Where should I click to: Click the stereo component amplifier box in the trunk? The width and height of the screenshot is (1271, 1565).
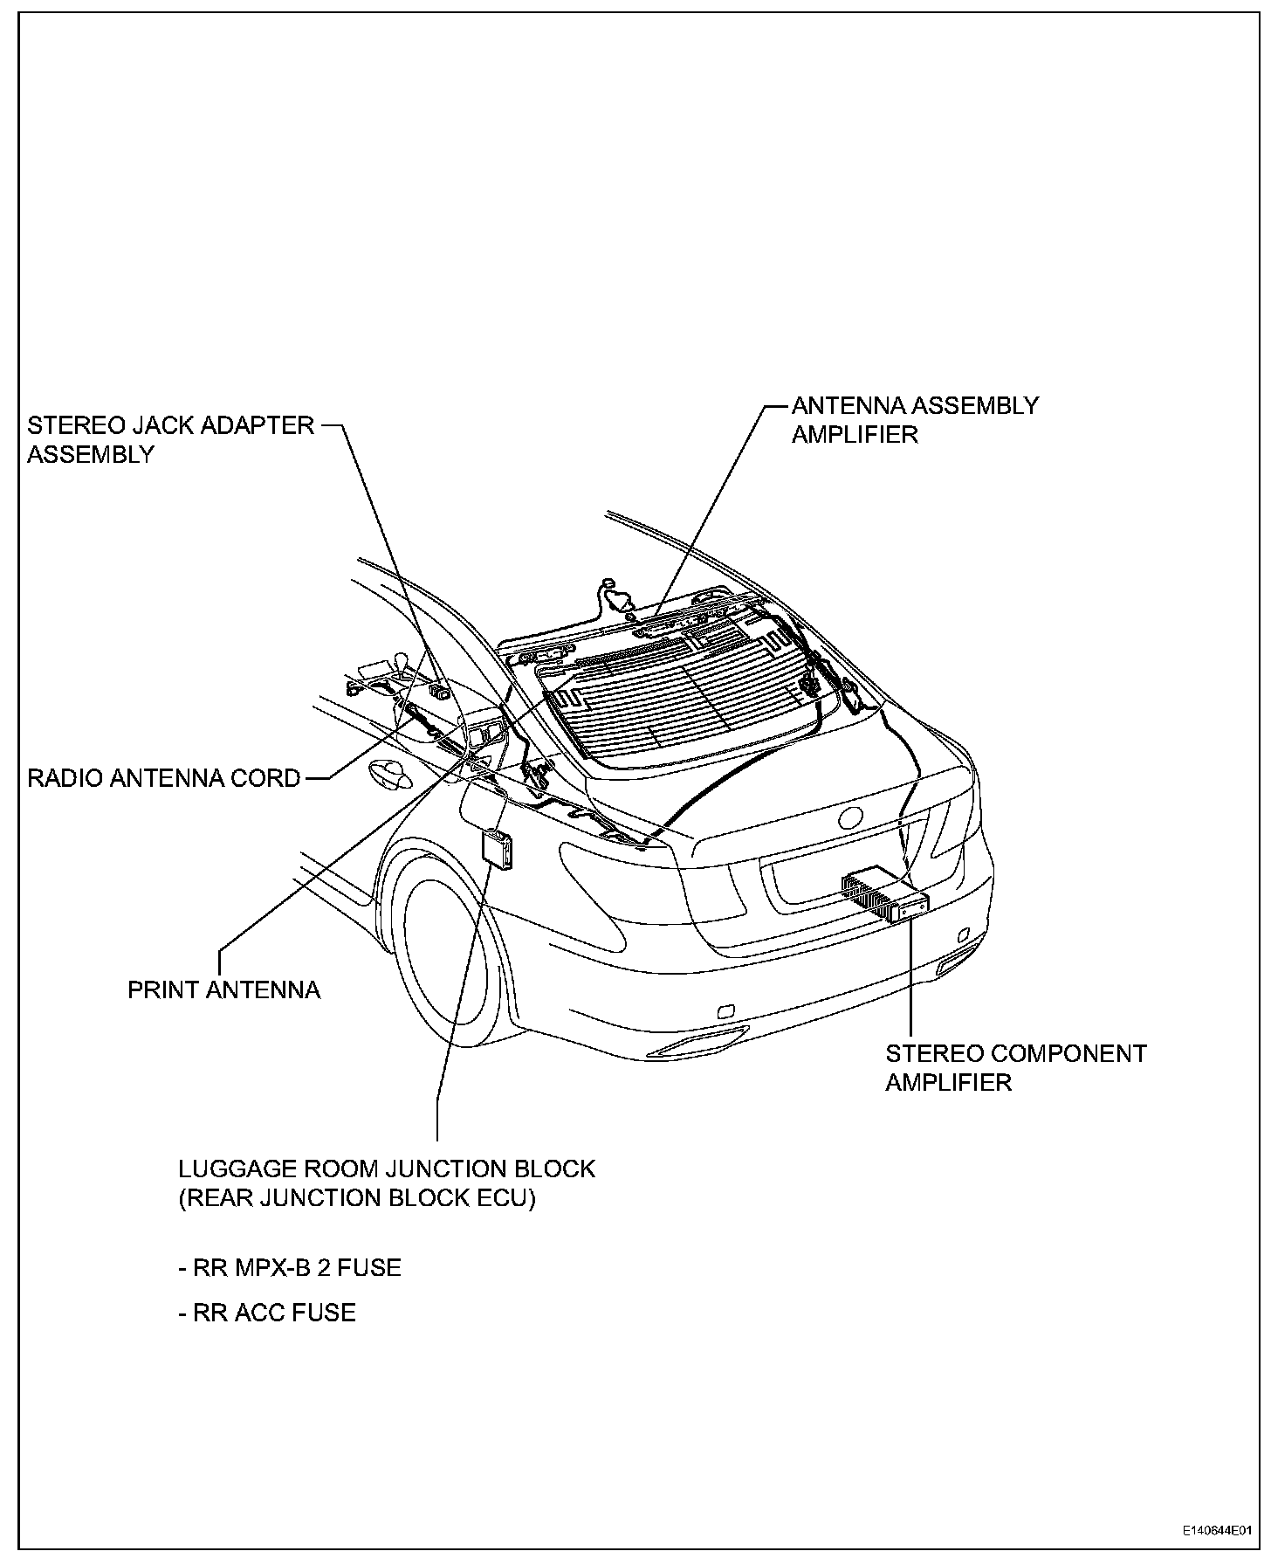(883, 896)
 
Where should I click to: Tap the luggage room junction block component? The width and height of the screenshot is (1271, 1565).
(498, 847)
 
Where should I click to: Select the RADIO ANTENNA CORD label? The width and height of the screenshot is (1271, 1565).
(164, 778)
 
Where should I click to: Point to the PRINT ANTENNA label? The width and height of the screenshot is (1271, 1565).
(224, 990)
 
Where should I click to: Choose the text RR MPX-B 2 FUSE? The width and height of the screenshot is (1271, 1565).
(290, 1267)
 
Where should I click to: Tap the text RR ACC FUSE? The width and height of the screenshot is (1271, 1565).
(267, 1313)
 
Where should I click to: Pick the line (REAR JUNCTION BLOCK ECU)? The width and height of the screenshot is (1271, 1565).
(357, 1198)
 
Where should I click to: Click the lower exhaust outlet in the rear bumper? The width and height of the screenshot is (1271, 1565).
(698, 1044)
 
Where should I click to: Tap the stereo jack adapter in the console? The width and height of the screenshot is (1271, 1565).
(441, 693)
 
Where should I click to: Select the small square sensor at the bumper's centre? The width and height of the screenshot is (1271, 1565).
(725, 1012)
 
